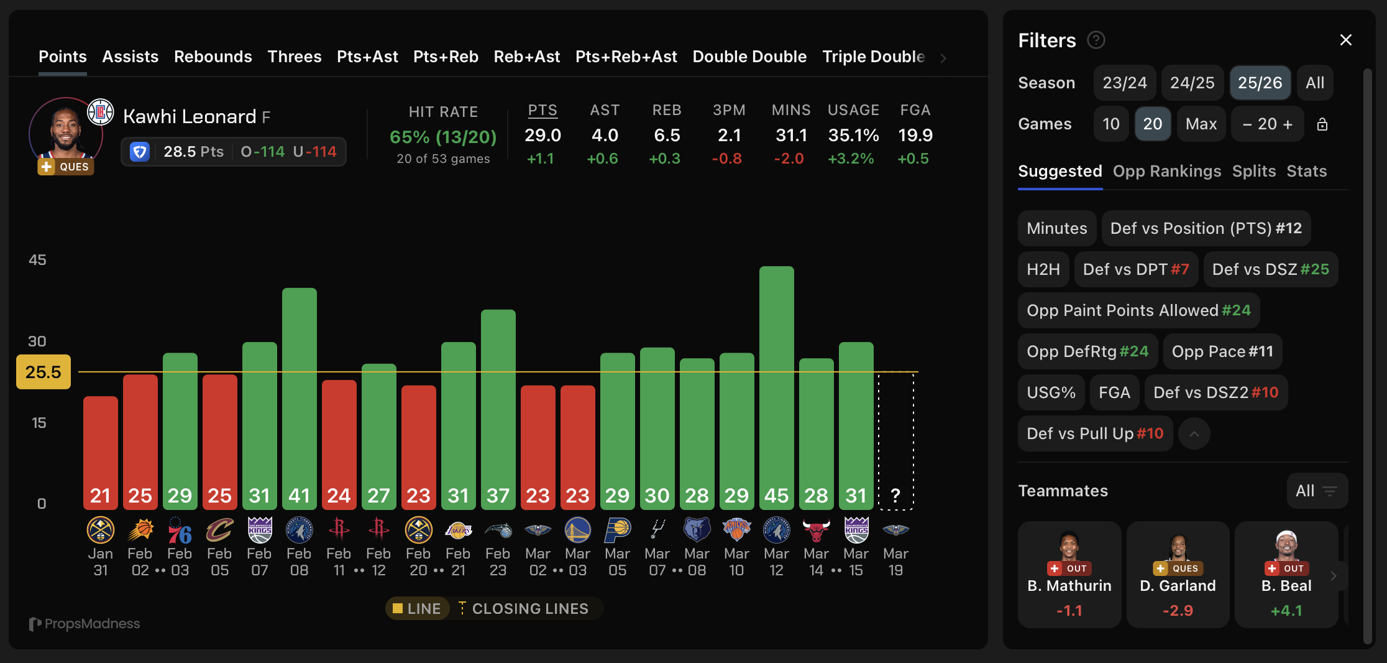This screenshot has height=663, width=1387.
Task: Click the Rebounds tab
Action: point(213,57)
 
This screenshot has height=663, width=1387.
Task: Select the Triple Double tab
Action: point(873,57)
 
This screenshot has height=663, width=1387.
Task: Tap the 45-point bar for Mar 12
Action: point(776,386)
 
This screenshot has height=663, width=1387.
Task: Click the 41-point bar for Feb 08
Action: point(299,398)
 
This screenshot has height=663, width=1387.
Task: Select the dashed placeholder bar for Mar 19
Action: point(895,442)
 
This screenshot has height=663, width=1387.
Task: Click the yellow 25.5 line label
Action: point(43,372)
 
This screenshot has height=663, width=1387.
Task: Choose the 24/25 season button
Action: point(1192,83)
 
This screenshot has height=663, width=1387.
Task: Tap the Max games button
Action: point(1201,124)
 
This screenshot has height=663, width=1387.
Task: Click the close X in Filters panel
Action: point(1345,40)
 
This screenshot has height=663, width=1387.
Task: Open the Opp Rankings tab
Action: point(1166,171)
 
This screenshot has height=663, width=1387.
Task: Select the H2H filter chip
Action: point(1043,269)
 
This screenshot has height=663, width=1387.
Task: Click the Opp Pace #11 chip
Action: point(1222,351)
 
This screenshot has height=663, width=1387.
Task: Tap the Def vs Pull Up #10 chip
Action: point(1094,433)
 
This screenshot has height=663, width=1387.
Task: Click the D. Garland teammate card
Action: point(1178,574)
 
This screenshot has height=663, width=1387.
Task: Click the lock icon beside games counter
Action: point(1322,124)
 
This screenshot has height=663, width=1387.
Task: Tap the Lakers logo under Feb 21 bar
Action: point(458,530)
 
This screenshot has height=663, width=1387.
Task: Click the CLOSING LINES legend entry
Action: point(523,608)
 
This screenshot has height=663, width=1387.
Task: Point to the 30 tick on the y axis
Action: point(37,341)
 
